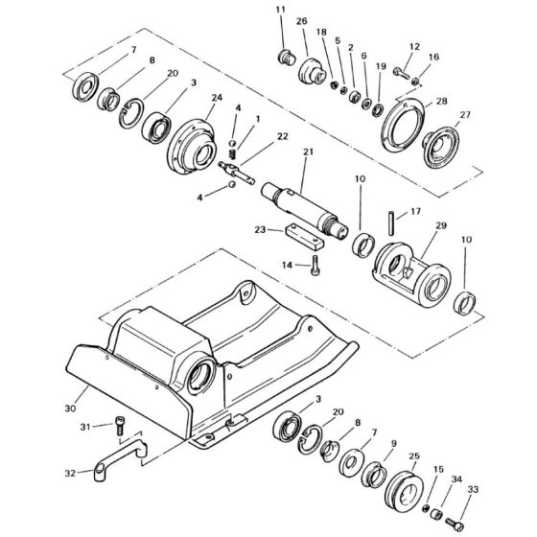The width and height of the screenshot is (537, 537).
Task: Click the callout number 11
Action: [x=280, y=11]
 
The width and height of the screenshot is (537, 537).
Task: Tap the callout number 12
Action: [x=414, y=46]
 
